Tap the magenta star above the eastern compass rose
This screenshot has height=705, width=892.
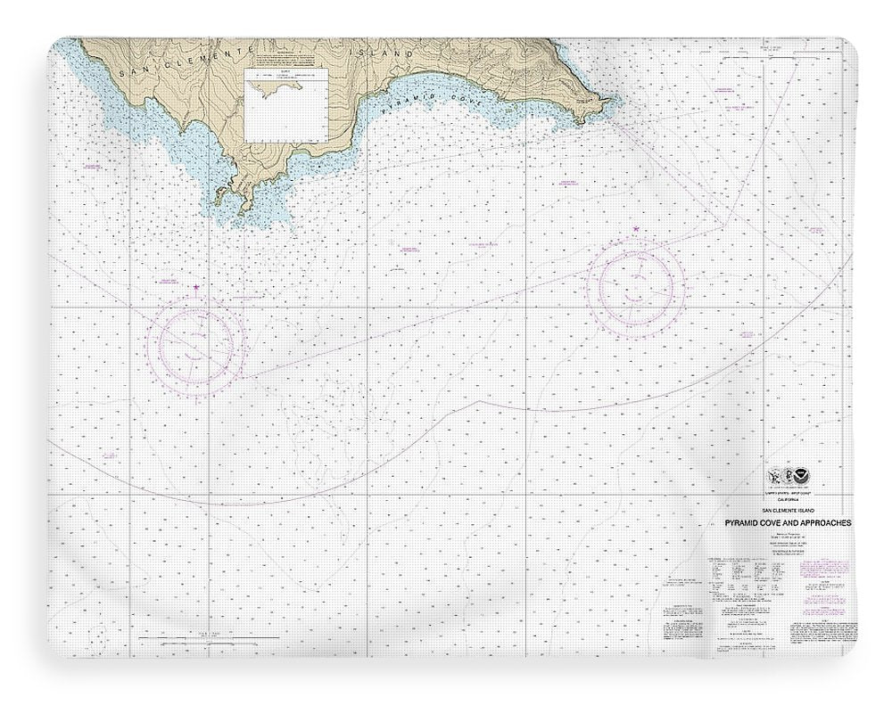pyautogui.click(x=635, y=231)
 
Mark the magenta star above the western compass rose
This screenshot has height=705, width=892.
pyautogui.click(x=197, y=285)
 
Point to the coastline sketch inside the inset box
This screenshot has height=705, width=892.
pyautogui.click(x=277, y=89)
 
